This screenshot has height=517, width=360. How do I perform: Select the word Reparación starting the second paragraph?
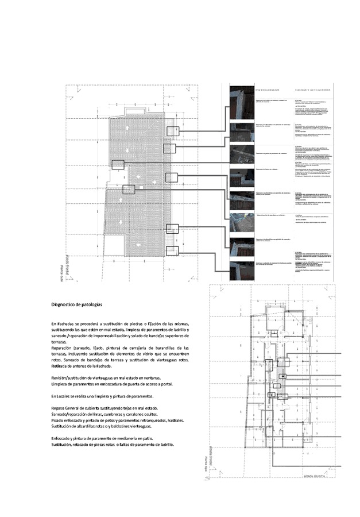pos(64,348)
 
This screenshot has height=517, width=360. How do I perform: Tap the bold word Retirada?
pos(60,366)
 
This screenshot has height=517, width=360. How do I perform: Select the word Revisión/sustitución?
pos(72,377)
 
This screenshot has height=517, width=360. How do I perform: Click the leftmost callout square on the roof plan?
pos(117,164)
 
